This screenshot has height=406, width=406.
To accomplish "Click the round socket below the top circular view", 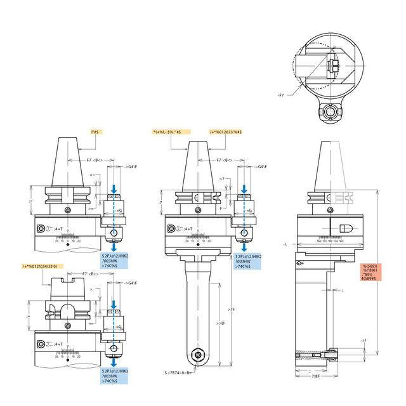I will [x=331, y=112].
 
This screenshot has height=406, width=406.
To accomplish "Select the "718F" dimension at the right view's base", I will [x=315, y=377].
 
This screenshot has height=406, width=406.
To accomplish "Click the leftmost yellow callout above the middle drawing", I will [x=167, y=131].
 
